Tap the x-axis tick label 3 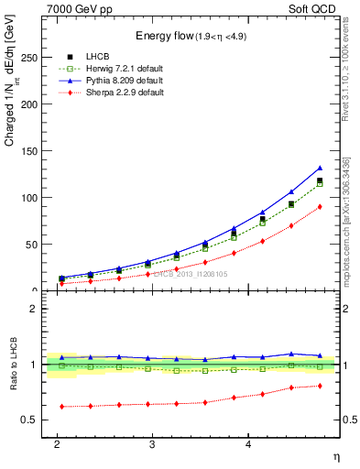tap(152, 443)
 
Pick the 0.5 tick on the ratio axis tap(33, 420)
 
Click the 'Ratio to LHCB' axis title tap(13, 364)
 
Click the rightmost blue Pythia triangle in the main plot tap(320, 168)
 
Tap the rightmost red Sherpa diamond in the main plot tap(320, 207)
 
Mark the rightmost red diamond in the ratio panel tap(320, 386)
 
